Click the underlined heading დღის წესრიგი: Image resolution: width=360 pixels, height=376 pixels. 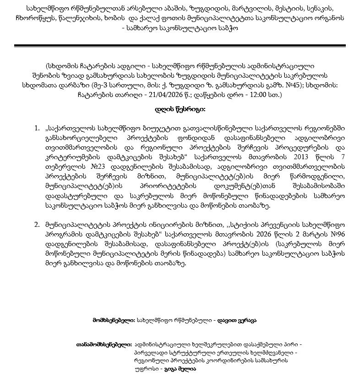180,109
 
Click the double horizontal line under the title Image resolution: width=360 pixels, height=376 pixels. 180,45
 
